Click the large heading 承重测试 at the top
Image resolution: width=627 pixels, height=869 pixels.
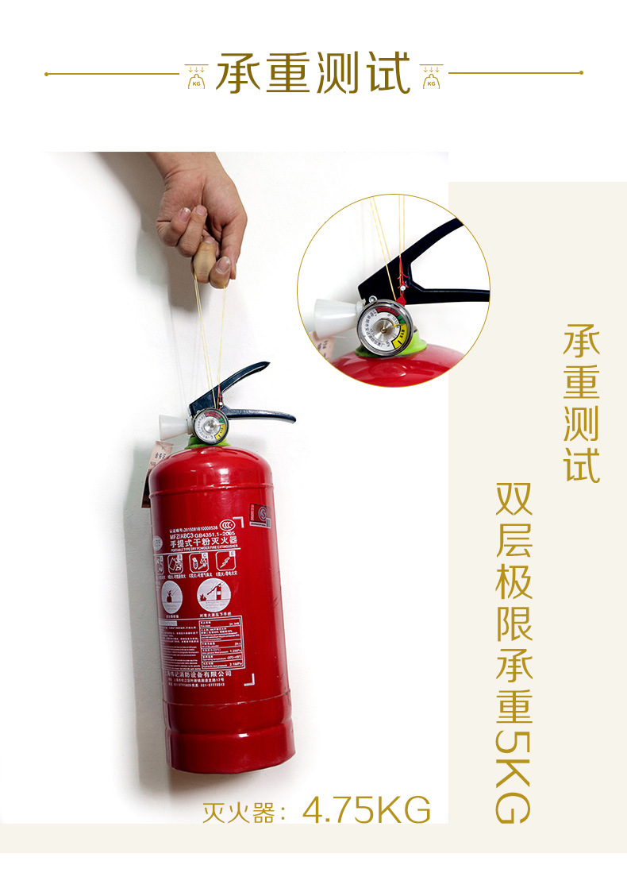tap(313, 74)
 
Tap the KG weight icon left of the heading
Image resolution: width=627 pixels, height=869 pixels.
tap(196, 75)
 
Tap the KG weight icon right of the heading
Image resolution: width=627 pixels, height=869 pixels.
tap(431, 75)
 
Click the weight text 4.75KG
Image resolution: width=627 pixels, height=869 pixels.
tap(367, 810)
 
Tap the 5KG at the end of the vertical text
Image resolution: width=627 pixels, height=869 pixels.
tap(513, 771)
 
